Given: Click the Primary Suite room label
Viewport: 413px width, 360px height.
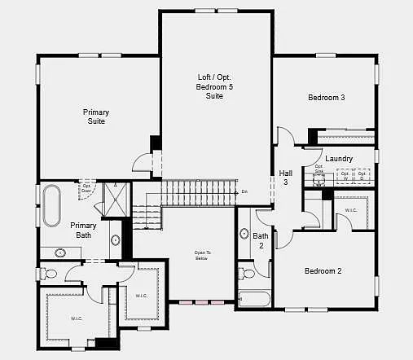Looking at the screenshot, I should (95, 116).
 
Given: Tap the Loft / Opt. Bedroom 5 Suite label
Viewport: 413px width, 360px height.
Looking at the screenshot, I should (215, 86).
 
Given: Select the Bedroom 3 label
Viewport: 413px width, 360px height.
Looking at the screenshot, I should (326, 98).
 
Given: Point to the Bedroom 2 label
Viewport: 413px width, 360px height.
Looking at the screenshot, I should (323, 271).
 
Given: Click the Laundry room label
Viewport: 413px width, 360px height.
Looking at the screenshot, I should (338, 158).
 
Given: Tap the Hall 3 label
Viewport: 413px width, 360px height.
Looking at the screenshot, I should (285, 178).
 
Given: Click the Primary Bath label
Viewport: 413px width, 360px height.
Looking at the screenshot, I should (83, 230).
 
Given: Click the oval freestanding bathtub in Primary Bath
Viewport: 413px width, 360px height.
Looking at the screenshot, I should (52, 205).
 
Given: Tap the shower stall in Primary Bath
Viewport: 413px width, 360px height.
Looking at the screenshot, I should (116, 200).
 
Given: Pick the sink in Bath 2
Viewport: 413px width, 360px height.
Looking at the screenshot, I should (244, 235).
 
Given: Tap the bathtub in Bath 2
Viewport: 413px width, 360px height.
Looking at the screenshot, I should (253, 299).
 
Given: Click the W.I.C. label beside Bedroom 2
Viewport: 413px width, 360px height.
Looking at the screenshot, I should (351, 210).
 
